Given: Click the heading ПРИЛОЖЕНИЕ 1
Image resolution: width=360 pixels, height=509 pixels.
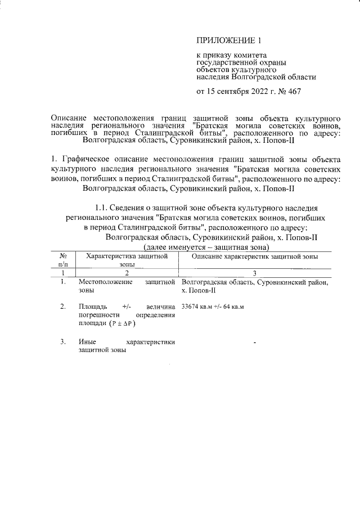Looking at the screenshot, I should [x=229, y=40].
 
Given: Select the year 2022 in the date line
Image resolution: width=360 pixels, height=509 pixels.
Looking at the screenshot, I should [x=254, y=92].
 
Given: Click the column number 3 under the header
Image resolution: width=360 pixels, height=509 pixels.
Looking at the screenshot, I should [x=255, y=272].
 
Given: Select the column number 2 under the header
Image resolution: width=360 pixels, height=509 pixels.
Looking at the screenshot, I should [x=127, y=272].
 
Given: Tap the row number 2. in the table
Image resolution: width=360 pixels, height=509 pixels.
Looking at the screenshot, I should [x=63, y=307].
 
